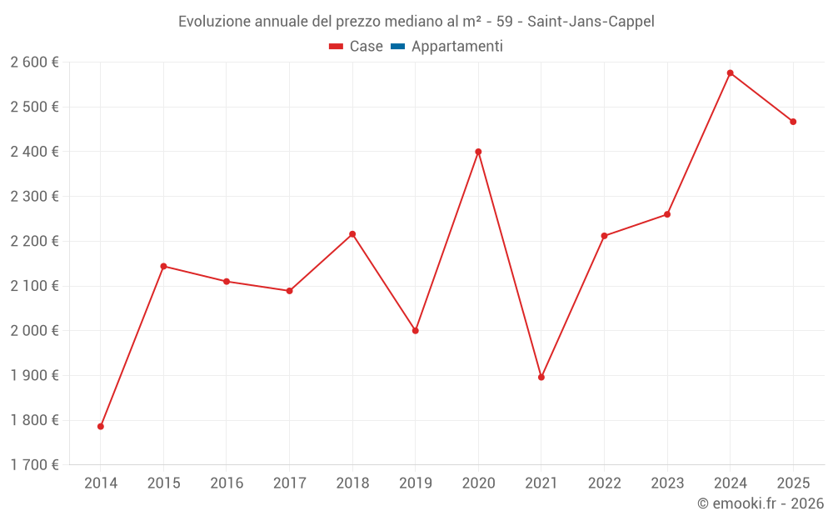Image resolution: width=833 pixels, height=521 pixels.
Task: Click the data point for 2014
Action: tap(101, 426)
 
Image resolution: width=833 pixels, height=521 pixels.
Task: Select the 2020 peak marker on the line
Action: tap(478, 152)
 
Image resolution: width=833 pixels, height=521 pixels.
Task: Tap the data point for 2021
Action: tap(541, 377)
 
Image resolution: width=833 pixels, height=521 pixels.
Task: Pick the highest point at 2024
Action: tap(730, 73)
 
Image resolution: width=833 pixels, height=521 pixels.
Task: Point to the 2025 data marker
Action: tap(793, 122)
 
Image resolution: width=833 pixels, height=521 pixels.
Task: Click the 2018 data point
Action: tap(352, 234)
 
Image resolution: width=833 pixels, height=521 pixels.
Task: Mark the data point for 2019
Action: tap(416, 331)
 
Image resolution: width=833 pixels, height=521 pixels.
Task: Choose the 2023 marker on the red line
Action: tap(667, 214)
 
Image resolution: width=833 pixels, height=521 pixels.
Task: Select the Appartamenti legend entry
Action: tap(456, 47)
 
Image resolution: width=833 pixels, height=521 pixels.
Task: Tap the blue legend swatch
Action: tap(397, 47)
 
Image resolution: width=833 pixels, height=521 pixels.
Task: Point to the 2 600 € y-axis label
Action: tap(34, 63)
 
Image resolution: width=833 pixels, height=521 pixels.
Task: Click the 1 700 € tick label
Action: tap(34, 465)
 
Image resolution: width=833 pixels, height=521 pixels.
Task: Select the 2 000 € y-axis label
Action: tap(34, 331)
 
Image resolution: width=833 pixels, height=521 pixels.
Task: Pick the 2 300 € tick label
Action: tap(34, 197)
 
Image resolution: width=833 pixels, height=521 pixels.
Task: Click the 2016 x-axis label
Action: tap(227, 483)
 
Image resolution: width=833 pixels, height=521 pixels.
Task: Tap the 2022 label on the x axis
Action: tap(604, 483)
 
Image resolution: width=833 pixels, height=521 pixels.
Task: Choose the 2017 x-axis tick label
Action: tap(289, 483)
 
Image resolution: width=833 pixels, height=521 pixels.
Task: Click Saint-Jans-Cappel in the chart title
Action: tap(591, 22)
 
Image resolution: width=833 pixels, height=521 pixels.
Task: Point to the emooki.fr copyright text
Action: tap(761, 503)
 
